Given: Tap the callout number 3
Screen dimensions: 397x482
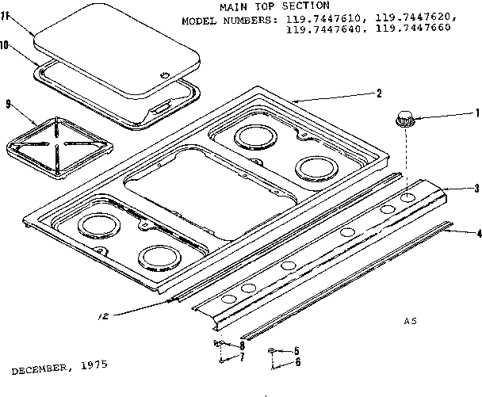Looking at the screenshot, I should click(475, 188).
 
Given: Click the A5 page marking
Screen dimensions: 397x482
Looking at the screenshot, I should click(410, 321).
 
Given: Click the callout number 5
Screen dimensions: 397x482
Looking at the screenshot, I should click(296, 350).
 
